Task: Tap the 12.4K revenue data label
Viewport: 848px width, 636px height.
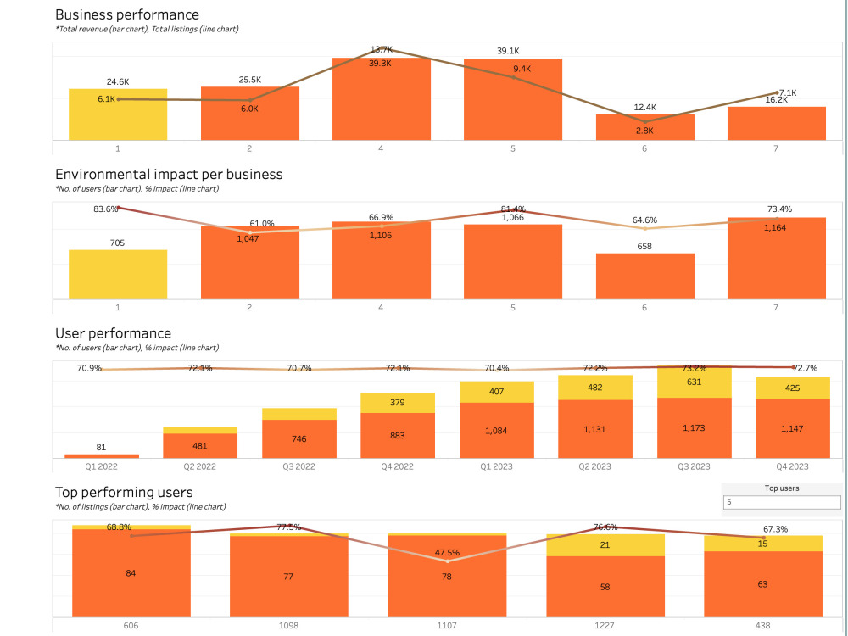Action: pyautogui.click(x=644, y=107)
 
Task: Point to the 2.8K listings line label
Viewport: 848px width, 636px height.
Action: pyautogui.click(x=644, y=131)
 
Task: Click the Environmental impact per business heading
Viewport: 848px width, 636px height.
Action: pyautogui.click(x=169, y=174)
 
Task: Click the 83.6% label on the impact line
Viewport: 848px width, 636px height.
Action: pyautogui.click(x=105, y=209)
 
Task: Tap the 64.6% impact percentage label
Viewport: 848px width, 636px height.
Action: pyautogui.click(x=644, y=220)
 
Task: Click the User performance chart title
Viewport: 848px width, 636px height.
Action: pyautogui.click(x=113, y=333)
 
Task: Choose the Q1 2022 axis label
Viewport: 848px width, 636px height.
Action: pyautogui.click(x=101, y=466)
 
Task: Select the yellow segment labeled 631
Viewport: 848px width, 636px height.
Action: pyautogui.click(x=694, y=382)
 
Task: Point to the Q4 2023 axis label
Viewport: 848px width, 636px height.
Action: pyautogui.click(x=793, y=466)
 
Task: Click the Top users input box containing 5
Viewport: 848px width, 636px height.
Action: pyautogui.click(x=781, y=503)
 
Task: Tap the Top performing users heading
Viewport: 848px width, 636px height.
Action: pyautogui.click(x=124, y=492)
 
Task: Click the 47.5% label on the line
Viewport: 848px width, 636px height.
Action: pyautogui.click(x=447, y=552)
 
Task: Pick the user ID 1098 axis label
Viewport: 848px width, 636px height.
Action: pyautogui.click(x=288, y=625)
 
